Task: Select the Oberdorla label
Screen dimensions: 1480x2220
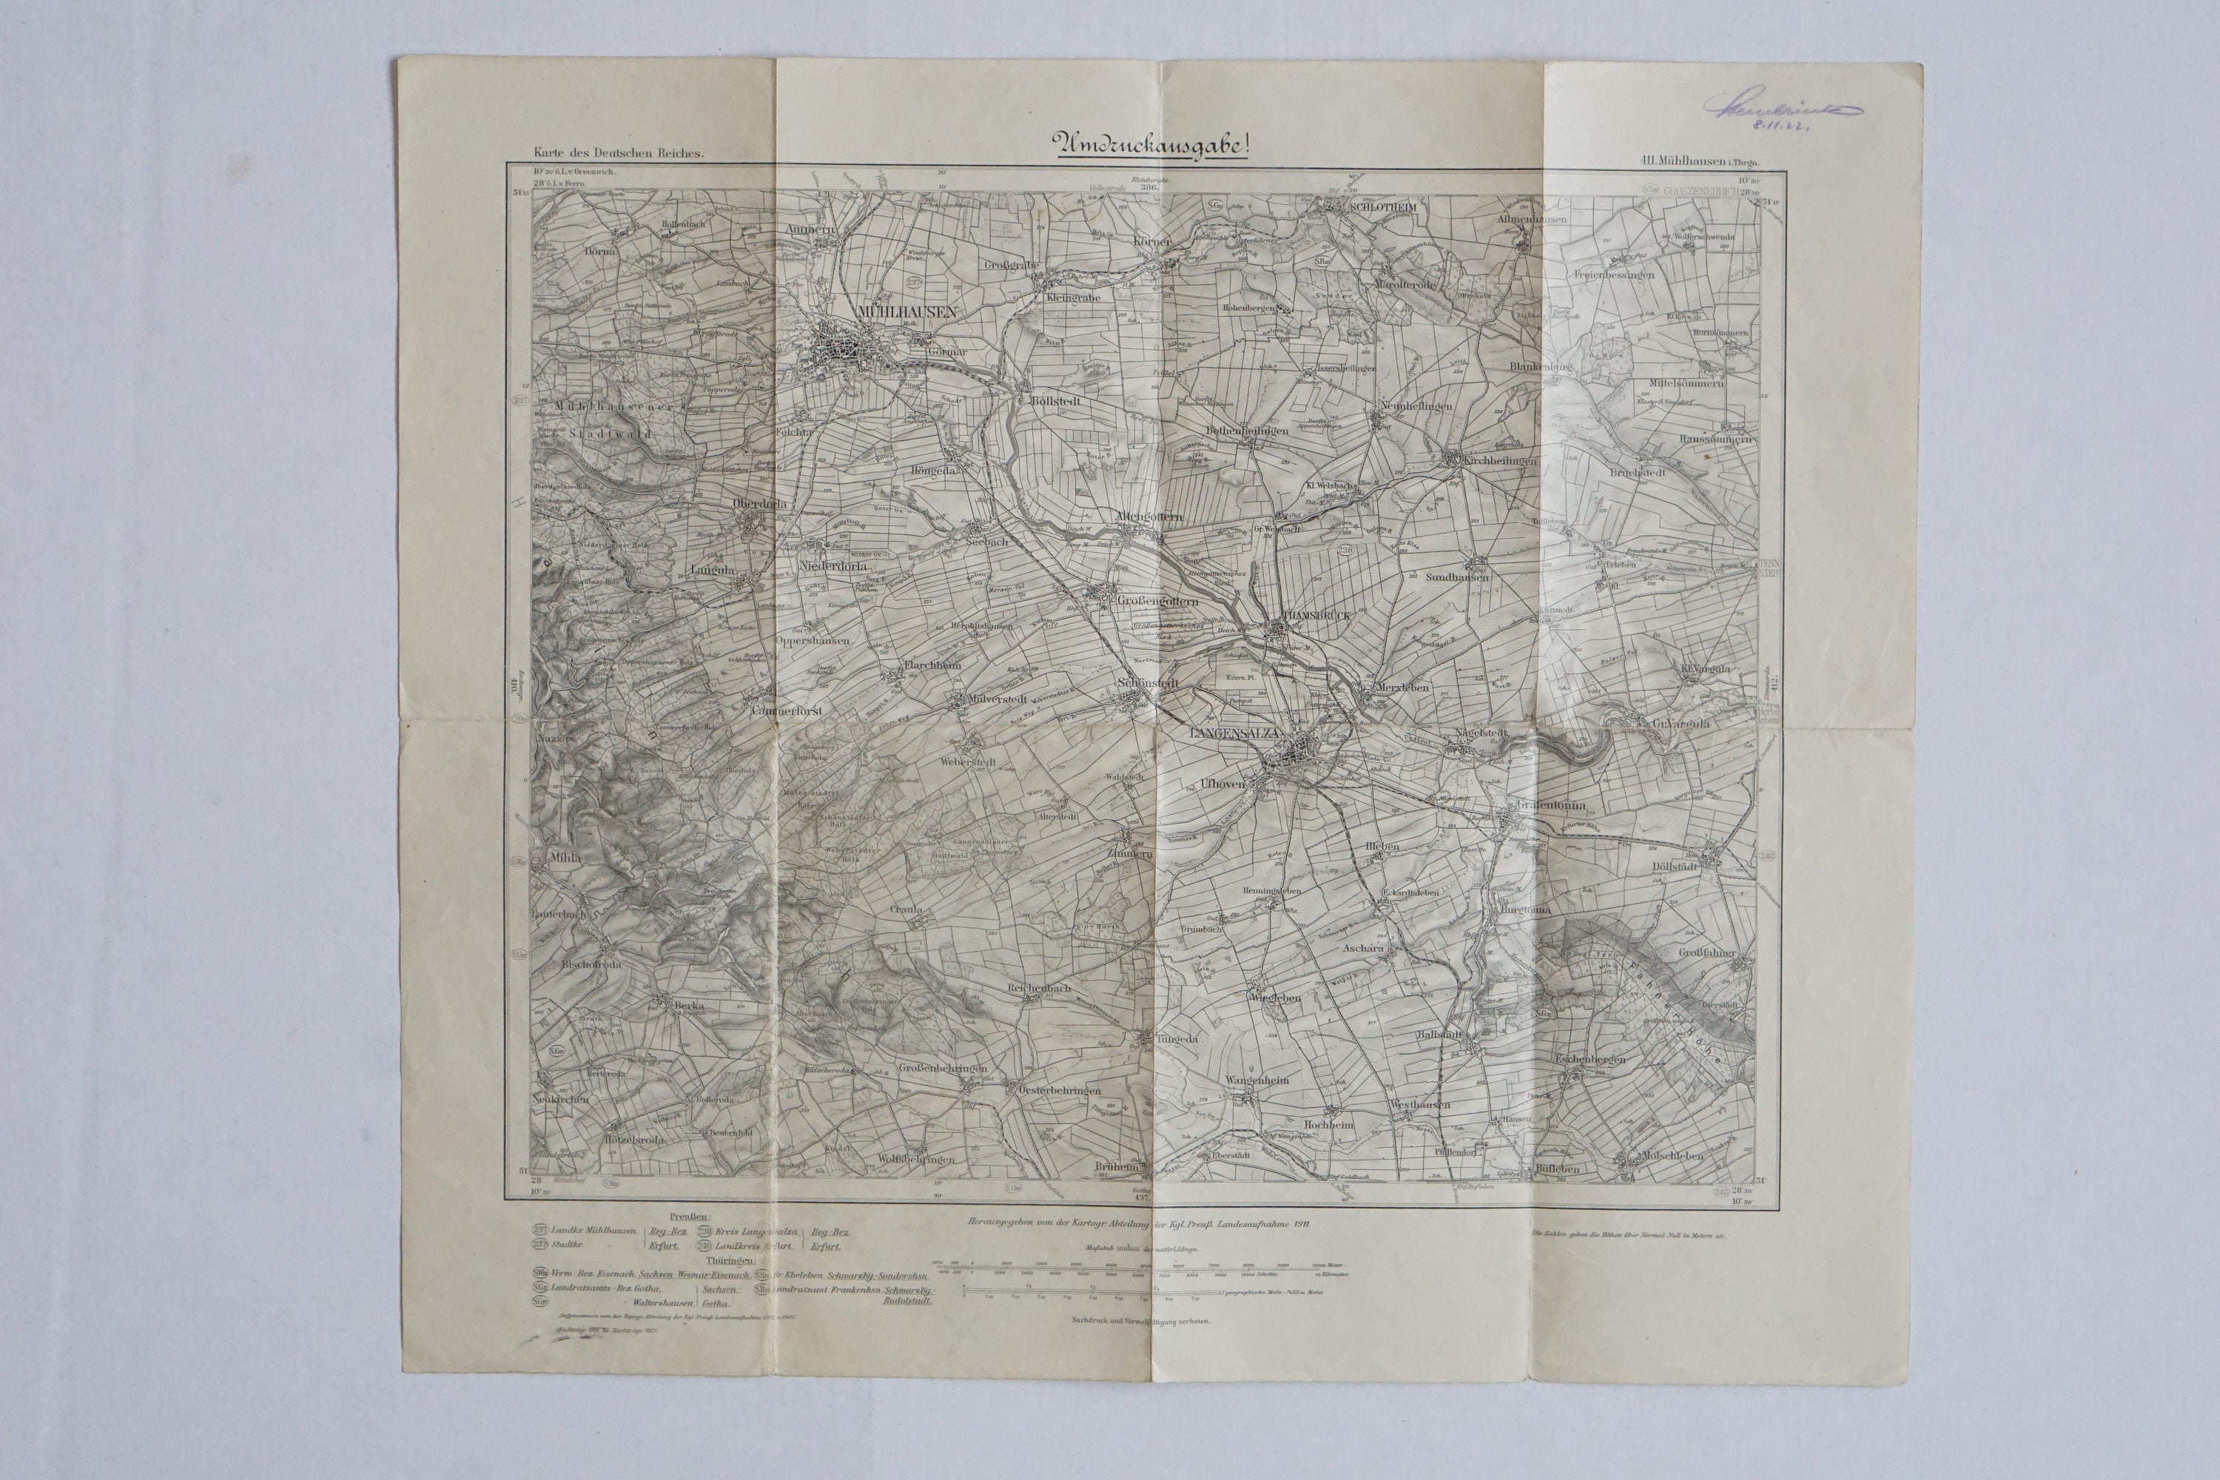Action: (760, 504)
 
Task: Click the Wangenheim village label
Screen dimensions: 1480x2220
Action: (1257, 1079)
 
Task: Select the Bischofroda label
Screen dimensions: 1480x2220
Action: (562, 965)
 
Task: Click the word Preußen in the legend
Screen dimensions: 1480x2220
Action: (692, 1217)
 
